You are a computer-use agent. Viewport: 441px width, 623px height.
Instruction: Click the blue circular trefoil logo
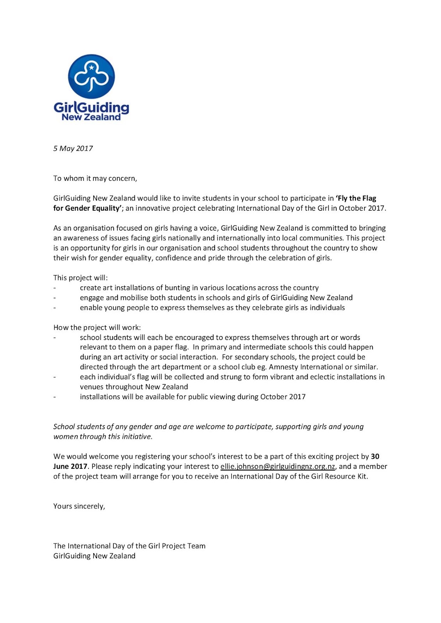(x=91, y=76)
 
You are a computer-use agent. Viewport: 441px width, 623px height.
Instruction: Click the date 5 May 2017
(x=73, y=148)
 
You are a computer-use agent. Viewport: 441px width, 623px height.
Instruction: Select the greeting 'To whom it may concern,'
(x=95, y=178)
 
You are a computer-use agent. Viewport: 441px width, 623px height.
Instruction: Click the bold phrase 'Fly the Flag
(x=356, y=198)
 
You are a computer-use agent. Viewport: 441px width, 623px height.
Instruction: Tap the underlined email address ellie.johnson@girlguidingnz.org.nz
(x=278, y=466)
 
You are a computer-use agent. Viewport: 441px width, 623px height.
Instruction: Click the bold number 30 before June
(x=375, y=456)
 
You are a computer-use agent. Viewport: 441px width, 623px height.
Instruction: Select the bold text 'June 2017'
(x=70, y=466)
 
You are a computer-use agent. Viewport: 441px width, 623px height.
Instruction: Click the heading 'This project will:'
(x=80, y=278)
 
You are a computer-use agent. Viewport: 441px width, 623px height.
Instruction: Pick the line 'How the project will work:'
(x=97, y=327)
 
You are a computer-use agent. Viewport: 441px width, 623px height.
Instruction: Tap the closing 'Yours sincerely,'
(x=79, y=506)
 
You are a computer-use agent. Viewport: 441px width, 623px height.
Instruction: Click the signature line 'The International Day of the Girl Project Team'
(x=129, y=546)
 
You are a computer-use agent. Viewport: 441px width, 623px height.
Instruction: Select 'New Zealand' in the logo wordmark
(x=91, y=117)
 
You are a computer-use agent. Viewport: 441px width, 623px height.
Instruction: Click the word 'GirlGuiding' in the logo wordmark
(x=91, y=107)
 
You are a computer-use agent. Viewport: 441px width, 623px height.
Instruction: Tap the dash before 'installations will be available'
(x=55, y=397)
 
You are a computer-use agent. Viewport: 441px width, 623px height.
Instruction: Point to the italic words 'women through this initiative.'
(x=103, y=436)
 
